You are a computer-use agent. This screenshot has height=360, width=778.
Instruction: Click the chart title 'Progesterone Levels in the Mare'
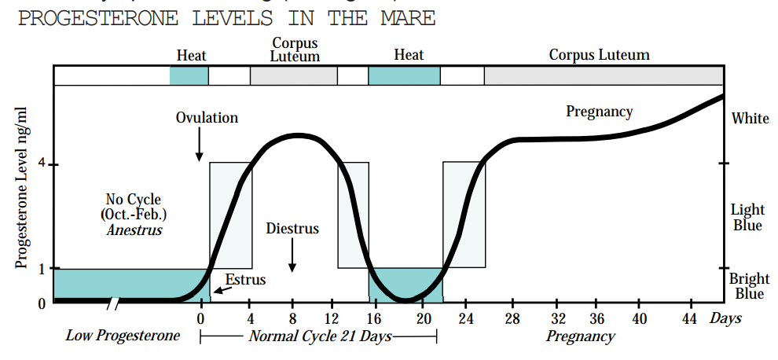[x=226, y=17]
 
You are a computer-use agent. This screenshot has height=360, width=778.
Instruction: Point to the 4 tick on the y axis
[x=42, y=164]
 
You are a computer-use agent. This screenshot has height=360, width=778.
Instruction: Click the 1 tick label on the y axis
[x=42, y=268]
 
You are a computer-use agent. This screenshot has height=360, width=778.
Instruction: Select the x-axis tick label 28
[x=513, y=318]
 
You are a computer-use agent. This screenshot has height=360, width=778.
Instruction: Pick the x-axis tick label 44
[x=689, y=318]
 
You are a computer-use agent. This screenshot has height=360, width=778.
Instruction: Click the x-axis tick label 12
[x=331, y=318]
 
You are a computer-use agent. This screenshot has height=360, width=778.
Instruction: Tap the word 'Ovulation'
[x=207, y=118]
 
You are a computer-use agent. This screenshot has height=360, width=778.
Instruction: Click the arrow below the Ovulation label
[x=200, y=145]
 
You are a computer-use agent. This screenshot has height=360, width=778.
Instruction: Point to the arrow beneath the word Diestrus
[x=292, y=254]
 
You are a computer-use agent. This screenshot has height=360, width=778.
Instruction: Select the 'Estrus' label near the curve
[x=246, y=279]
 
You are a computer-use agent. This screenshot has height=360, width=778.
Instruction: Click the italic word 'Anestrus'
[x=134, y=230]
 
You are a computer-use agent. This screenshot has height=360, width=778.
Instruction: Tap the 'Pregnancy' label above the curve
[x=599, y=112]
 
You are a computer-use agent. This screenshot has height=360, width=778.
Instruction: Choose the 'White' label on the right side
[x=750, y=119]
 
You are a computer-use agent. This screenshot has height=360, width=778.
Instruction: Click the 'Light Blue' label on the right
[x=747, y=217]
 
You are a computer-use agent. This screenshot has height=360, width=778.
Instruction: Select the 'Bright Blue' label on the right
[x=749, y=286]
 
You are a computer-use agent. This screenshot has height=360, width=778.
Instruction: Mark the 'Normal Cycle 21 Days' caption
[x=320, y=336]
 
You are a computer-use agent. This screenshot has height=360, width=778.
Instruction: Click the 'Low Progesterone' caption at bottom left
[x=123, y=336]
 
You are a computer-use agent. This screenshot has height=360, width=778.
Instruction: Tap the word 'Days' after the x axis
[x=725, y=318]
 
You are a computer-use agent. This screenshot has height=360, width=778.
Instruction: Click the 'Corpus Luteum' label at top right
[x=599, y=55]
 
